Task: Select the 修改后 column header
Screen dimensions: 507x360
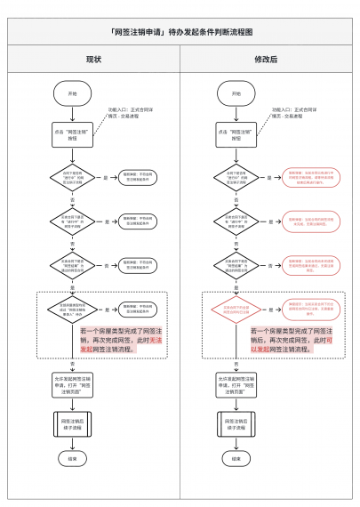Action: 266,59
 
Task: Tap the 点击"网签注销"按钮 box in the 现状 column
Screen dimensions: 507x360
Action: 73,134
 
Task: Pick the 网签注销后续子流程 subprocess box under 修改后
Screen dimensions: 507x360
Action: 236,422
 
